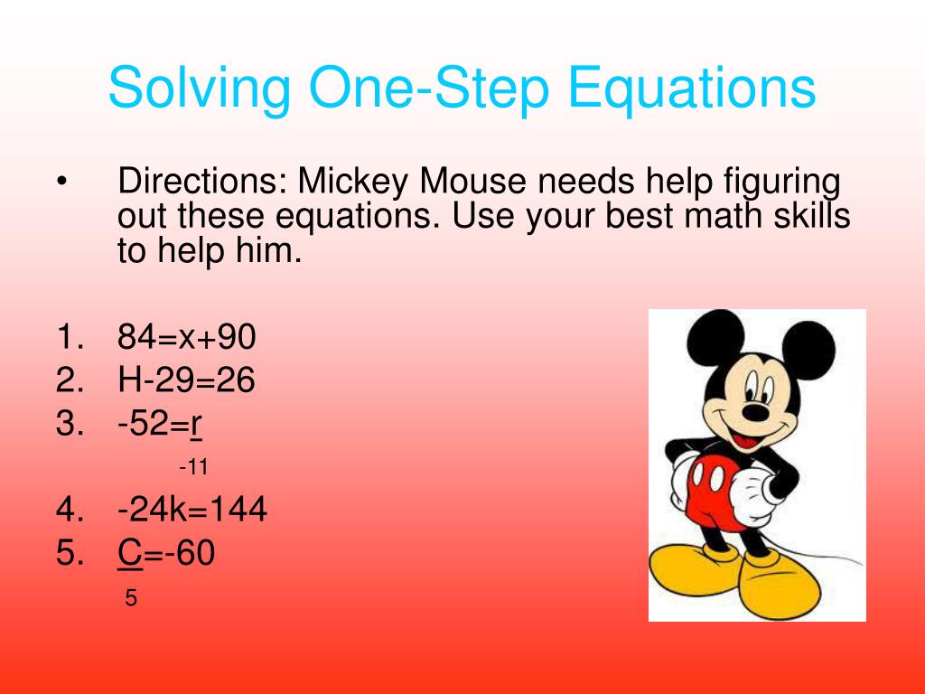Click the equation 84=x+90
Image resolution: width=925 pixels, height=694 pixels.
tap(187, 338)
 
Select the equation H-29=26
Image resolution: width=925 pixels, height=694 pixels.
tap(186, 380)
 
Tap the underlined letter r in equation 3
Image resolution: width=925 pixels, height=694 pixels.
tap(195, 424)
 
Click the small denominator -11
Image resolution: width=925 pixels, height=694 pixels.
tap(193, 467)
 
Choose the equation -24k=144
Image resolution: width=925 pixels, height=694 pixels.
tap(192, 511)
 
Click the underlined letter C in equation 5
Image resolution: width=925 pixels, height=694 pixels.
tap(129, 553)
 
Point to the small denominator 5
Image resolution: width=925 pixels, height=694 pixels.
tap(130, 598)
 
